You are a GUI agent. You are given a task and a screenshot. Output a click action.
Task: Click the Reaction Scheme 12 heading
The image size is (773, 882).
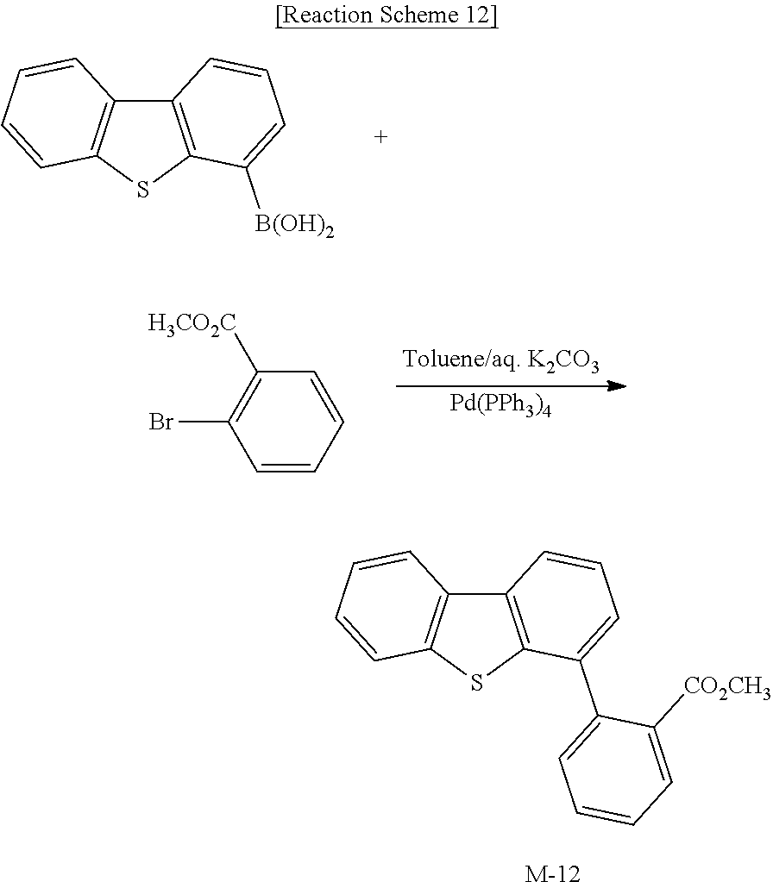coord(386,16)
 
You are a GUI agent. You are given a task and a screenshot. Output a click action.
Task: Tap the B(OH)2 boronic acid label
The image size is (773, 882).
coord(294,228)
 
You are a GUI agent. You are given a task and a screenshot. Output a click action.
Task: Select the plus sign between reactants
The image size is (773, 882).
coord(380,136)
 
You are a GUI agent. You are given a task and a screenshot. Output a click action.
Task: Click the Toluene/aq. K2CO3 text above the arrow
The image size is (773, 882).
coord(501,360)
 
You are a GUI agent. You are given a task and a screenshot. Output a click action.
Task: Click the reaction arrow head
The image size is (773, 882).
coord(617,385)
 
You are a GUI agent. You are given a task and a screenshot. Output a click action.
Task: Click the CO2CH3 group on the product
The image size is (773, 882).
coord(726,687)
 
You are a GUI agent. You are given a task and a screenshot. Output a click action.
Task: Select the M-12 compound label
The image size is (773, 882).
coord(552,873)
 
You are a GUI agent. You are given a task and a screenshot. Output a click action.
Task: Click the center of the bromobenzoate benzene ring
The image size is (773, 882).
coord(286,422)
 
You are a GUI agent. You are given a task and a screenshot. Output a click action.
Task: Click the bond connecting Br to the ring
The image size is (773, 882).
coord(202,422)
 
